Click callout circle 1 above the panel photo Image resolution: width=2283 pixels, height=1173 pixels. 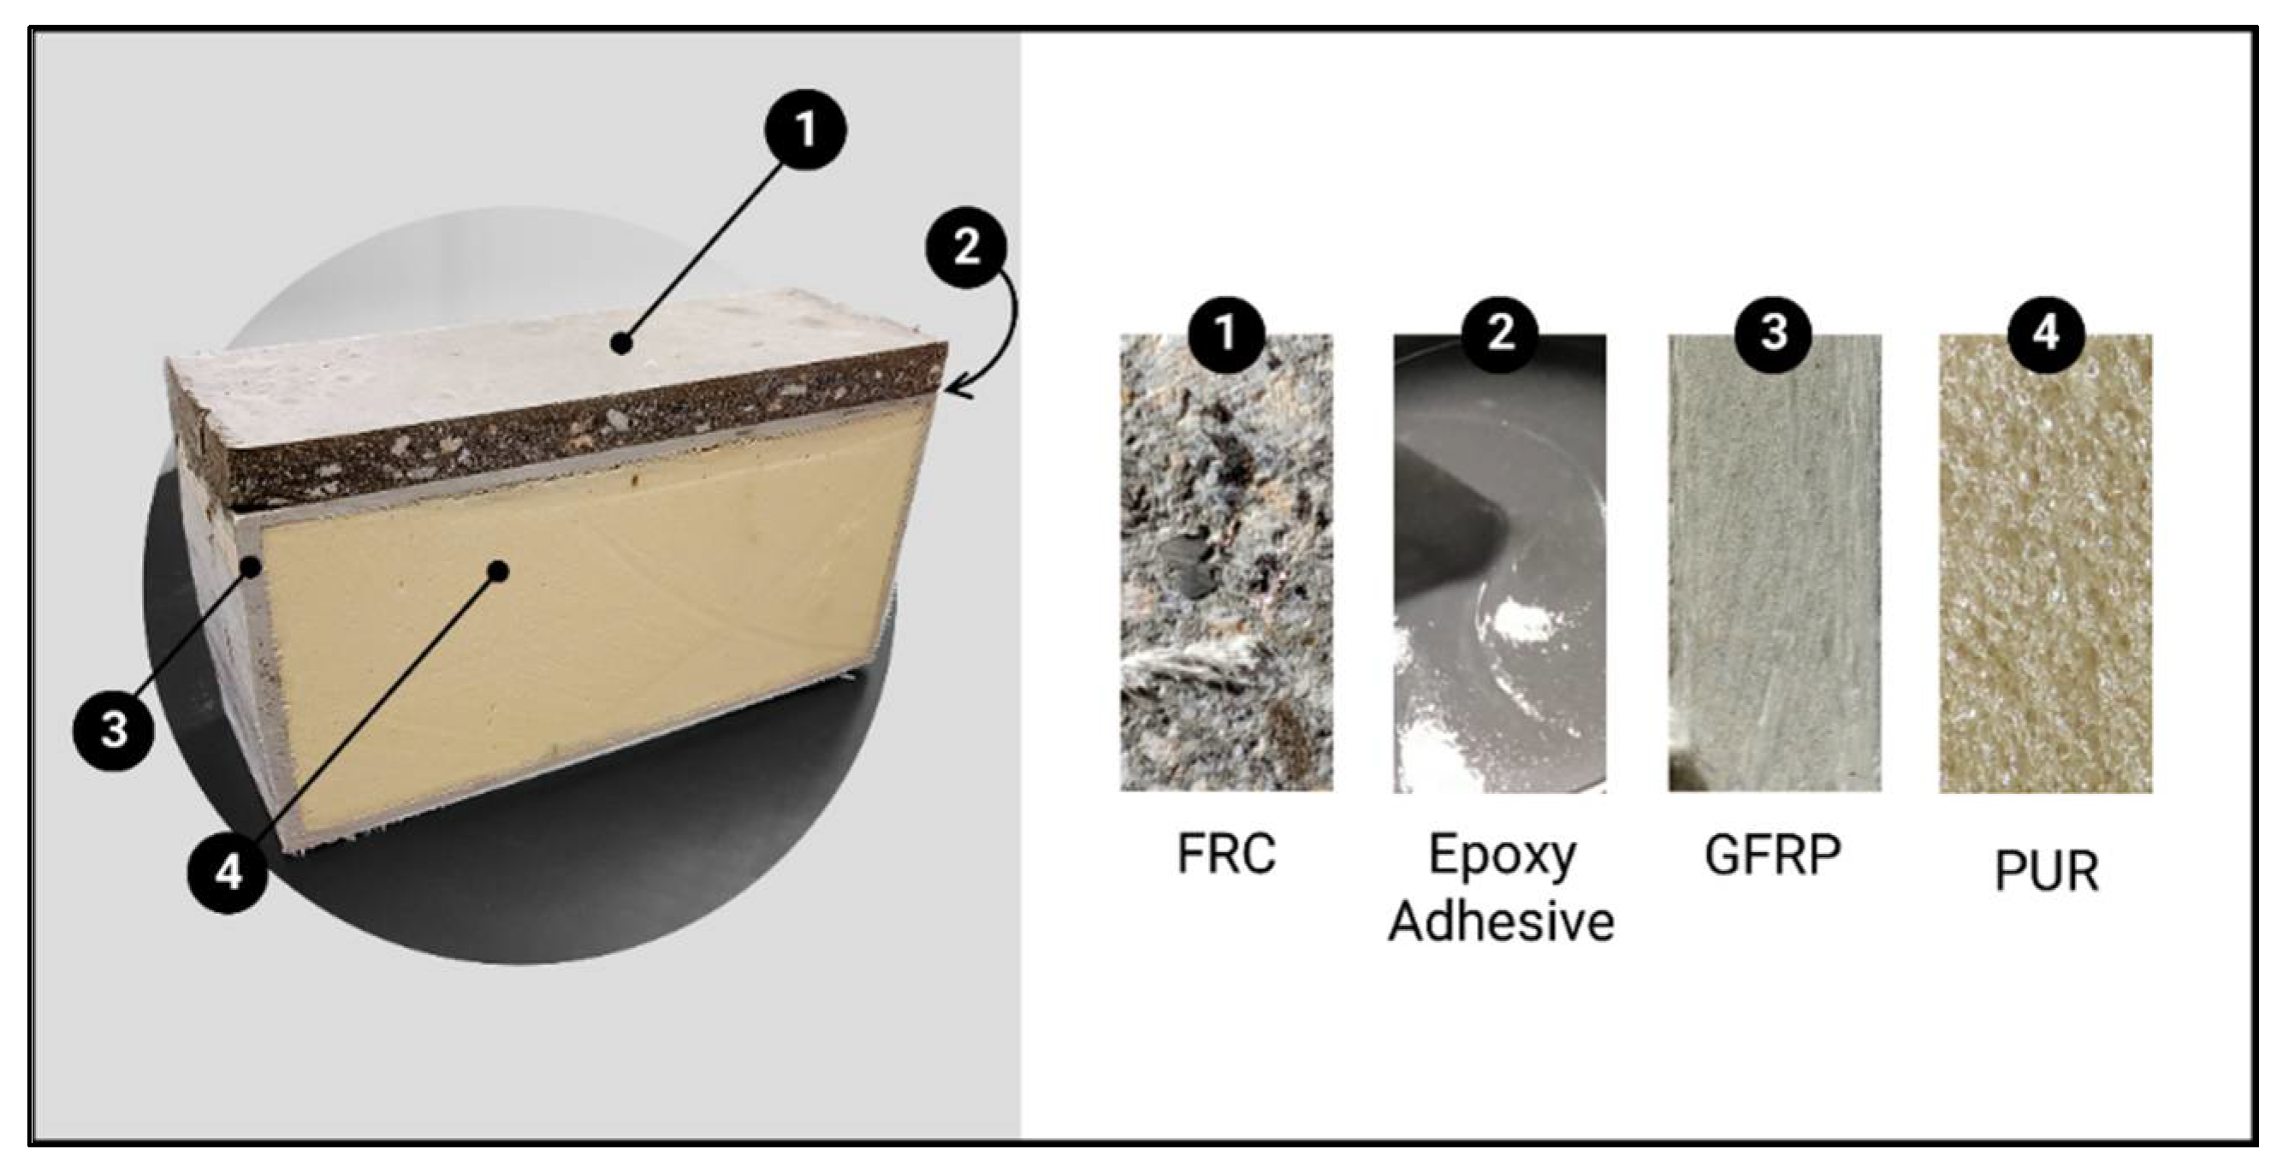804,131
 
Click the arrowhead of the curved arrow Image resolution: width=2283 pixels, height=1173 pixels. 952,388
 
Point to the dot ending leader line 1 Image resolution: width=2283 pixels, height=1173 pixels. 626,343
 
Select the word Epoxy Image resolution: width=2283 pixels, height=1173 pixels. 1501,855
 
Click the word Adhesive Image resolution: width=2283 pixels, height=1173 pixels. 1501,921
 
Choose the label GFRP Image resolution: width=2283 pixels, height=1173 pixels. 1772,855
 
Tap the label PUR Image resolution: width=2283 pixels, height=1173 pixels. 2046,872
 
